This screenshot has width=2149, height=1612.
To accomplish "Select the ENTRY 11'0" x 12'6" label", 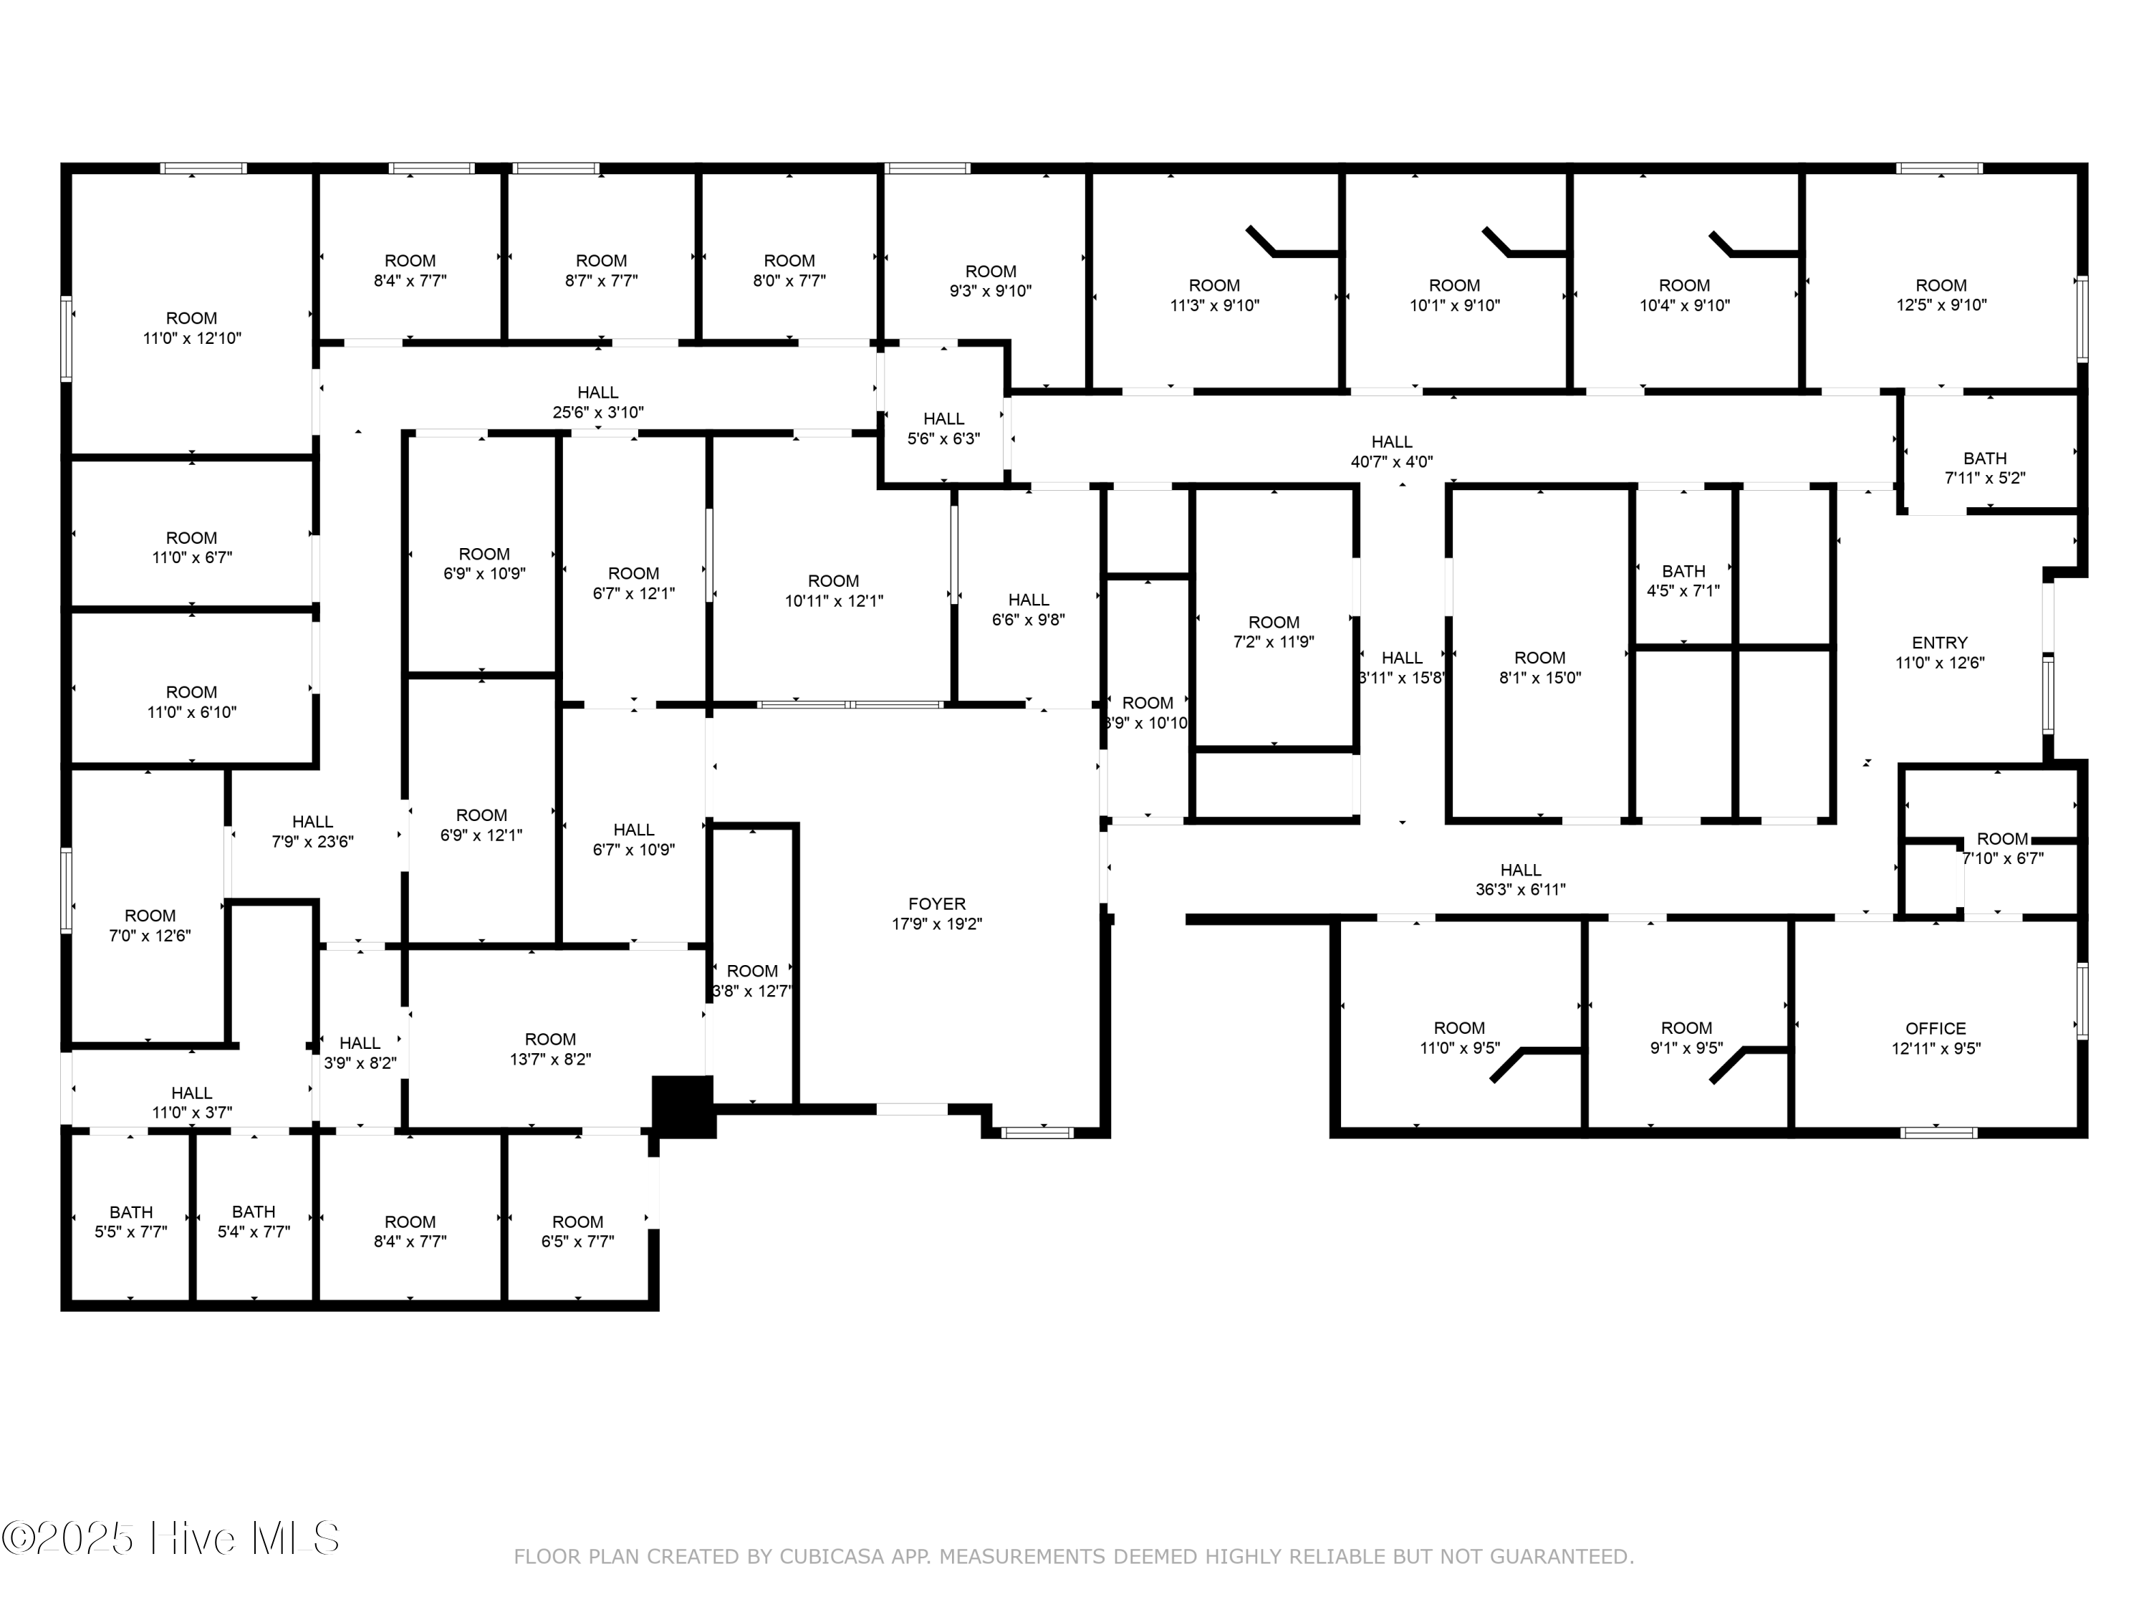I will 1939,653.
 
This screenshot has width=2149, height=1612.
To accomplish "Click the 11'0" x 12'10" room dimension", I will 191,339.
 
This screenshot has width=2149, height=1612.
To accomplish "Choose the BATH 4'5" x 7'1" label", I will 1683,581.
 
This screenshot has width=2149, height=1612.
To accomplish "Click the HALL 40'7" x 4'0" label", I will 1391,453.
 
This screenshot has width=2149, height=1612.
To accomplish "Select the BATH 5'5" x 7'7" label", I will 130,1222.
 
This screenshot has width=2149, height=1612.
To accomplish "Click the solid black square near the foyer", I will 683,1105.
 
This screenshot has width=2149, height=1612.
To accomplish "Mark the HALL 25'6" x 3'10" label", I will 597,402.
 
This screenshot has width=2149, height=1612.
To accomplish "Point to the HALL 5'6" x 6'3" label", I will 943,428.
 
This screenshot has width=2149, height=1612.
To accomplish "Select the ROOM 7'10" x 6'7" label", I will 2002,849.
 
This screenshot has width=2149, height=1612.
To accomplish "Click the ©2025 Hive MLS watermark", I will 171,1538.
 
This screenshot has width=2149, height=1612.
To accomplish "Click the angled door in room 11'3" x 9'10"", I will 1260,240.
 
